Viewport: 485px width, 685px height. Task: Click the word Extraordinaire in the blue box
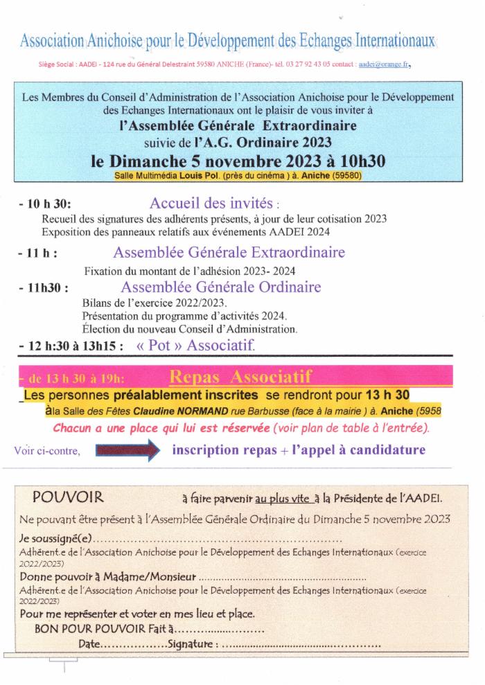(312, 126)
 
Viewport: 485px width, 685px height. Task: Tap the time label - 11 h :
(38, 253)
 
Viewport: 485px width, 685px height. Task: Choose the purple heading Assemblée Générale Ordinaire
(221, 287)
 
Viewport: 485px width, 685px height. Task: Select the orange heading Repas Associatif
(240, 376)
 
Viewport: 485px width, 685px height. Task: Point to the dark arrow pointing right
(127, 450)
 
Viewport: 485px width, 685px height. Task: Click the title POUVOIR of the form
(68, 497)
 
